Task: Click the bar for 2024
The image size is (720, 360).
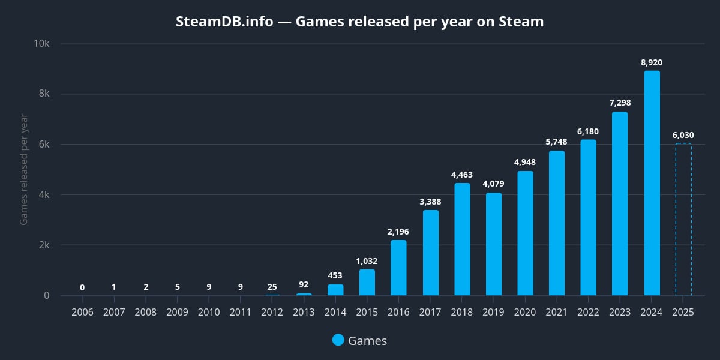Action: (x=652, y=183)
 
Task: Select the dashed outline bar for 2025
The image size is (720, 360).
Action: (x=683, y=220)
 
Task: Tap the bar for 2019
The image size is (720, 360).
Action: (x=494, y=244)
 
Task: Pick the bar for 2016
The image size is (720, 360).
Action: (x=398, y=268)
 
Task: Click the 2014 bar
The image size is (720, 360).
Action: (x=335, y=290)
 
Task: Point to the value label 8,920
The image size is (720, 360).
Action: (x=652, y=62)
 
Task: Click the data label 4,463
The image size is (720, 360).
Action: (x=462, y=175)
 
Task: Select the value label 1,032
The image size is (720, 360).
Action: (x=367, y=261)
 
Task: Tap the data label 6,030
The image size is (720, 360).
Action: (x=683, y=135)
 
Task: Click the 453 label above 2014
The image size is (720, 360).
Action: (x=335, y=276)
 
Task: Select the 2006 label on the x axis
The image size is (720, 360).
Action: (x=82, y=312)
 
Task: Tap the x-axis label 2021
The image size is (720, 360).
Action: (x=557, y=312)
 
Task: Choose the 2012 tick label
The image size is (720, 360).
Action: (x=272, y=312)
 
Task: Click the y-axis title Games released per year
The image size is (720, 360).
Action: (x=24, y=169)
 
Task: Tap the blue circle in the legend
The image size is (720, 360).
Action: (x=338, y=340)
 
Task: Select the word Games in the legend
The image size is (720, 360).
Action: (x=367, y=341)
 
